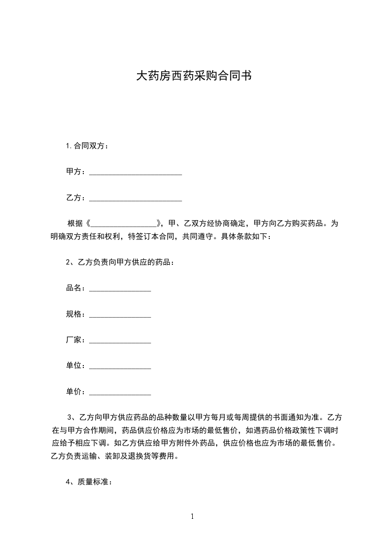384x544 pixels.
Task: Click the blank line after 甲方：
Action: tap(136, 173)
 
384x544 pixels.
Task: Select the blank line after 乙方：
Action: tap(136, 198)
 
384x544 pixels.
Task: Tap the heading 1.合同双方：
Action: tap(87, 146)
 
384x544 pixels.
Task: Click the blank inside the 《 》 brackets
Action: tap(125, 224)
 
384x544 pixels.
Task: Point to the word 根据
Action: tap(76, 224)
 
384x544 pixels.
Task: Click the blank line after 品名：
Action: tap(120, 289)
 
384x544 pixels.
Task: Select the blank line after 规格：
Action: tap(120, 315)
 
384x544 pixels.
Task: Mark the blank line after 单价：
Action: tap(120, 392)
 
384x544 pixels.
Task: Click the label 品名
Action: tap(74, 288)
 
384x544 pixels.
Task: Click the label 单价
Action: tap(74, 392)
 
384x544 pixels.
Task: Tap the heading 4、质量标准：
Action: tap(89, 482)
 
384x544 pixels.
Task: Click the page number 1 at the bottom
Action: tap(192, 516)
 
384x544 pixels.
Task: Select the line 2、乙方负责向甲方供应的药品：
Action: tap(120, 263)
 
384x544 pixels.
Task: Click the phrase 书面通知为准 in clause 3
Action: tap(299, 417)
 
